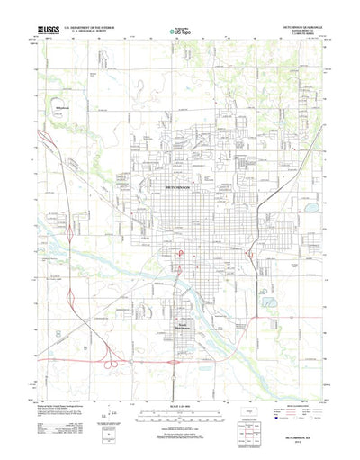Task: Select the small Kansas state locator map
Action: click(x=248, y=411)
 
